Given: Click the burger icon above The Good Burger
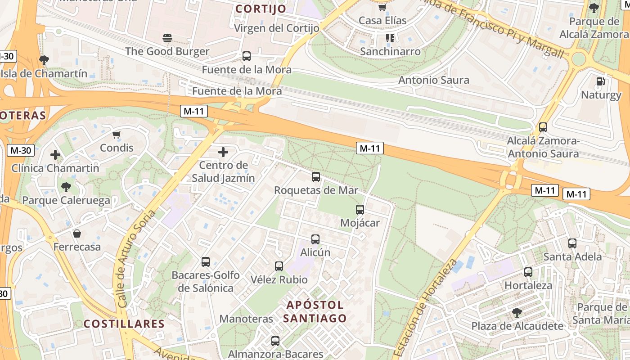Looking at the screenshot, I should point(167,38).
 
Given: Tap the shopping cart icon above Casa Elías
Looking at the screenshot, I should point(382,8).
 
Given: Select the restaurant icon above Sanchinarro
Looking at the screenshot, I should point(390,38).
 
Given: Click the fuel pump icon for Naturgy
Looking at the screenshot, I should point(600,81).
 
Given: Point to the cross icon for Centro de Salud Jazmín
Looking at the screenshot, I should point(223,152).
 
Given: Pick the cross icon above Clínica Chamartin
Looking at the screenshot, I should point(55,155).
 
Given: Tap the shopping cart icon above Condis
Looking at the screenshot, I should point(117,135).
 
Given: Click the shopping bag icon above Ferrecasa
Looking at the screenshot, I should point(77,234).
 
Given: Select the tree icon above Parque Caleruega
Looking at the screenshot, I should point(66,187).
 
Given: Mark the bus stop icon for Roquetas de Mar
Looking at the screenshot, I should point(316,177).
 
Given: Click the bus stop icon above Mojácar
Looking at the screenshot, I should point(360,209).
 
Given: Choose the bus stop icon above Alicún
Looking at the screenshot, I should point(315,239).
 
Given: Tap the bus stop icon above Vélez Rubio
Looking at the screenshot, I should point(279,266).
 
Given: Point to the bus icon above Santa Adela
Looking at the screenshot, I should point(572,243).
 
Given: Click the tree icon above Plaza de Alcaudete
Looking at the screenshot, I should point(517,313).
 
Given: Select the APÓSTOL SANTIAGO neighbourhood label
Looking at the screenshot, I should point(315,311).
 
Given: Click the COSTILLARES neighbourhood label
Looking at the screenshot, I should point(124,324).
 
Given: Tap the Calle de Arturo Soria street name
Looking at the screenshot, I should point(136,259).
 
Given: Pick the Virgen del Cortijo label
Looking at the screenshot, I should point(277,28).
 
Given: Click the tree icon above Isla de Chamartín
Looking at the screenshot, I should point(44,60).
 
